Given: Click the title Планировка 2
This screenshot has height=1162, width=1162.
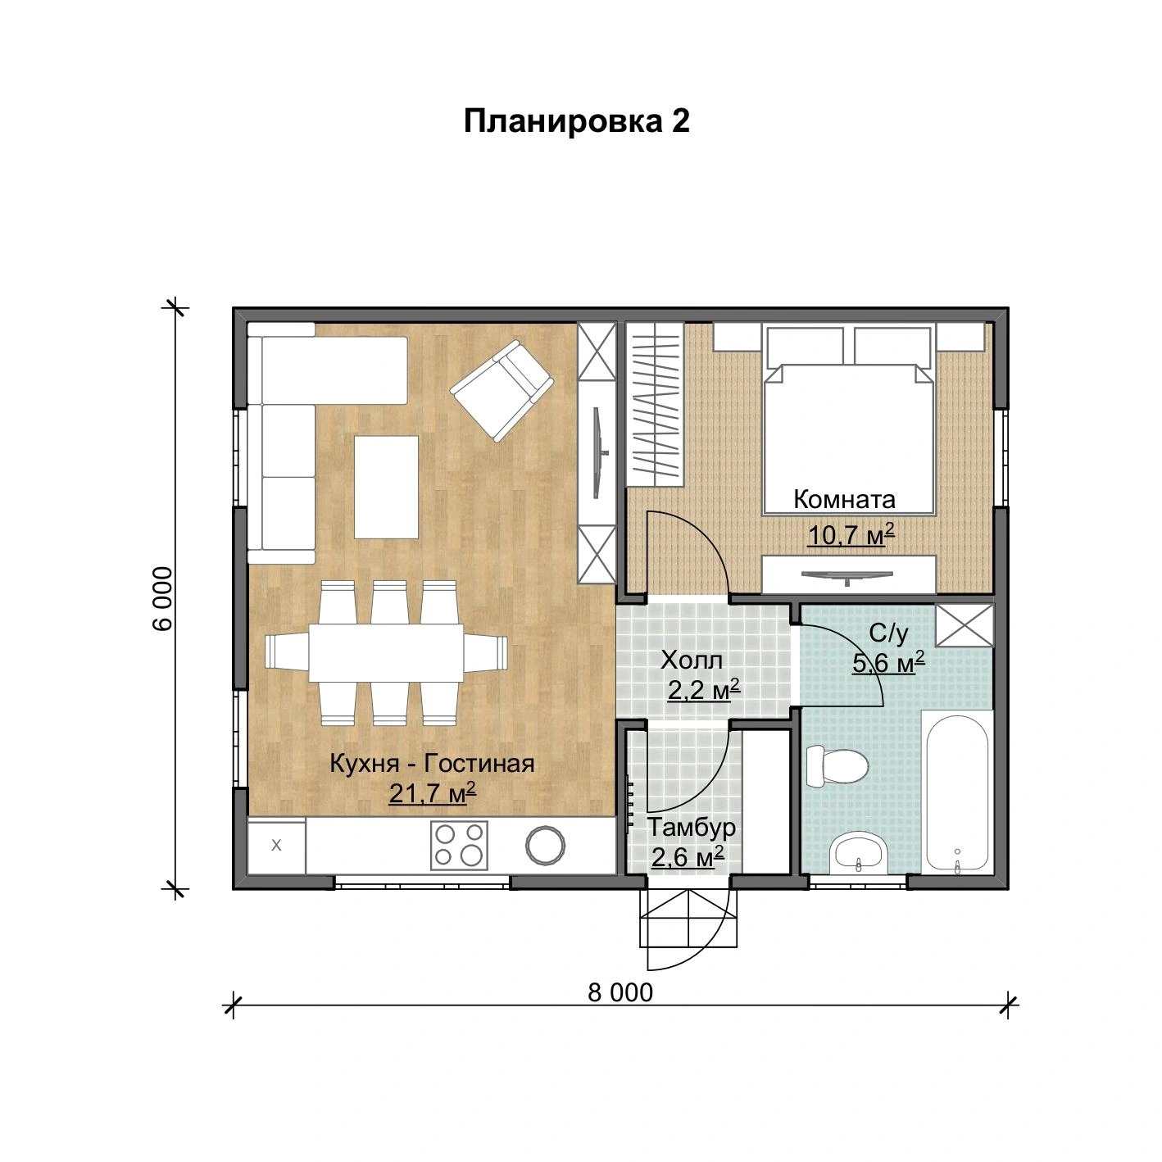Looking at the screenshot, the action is click(576, 121).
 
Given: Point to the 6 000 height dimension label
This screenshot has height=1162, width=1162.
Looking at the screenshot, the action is click(162, 598).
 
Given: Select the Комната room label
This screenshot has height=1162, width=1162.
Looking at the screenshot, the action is click(844, 499).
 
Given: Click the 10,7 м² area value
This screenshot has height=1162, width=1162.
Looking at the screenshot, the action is click(851, 534).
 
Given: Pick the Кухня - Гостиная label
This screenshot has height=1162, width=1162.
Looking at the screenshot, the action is click(432, 764).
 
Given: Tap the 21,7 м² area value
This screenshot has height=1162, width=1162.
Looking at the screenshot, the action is click(433, 793).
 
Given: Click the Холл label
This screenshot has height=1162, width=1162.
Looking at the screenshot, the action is click(692, 660).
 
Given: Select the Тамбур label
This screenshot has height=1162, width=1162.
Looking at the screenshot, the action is click(692, 828).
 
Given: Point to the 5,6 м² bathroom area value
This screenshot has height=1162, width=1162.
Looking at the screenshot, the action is click(888, 663).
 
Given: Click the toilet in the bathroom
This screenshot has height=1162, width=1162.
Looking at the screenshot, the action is click(837, 766).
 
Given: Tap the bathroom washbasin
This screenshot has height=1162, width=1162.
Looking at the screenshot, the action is click(860, 853).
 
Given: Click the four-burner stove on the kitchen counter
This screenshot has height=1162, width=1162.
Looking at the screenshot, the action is click(459, 845).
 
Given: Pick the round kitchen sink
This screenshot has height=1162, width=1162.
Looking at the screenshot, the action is click(545, 845).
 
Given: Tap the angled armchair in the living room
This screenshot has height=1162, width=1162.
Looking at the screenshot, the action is click(502, 391).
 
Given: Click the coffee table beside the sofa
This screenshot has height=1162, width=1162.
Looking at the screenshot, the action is click(386, 487).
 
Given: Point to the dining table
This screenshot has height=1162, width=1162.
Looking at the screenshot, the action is click(386, 653).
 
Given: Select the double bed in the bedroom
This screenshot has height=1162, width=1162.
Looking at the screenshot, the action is click(849, 420).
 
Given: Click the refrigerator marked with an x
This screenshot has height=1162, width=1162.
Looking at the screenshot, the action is click(276, 845).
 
